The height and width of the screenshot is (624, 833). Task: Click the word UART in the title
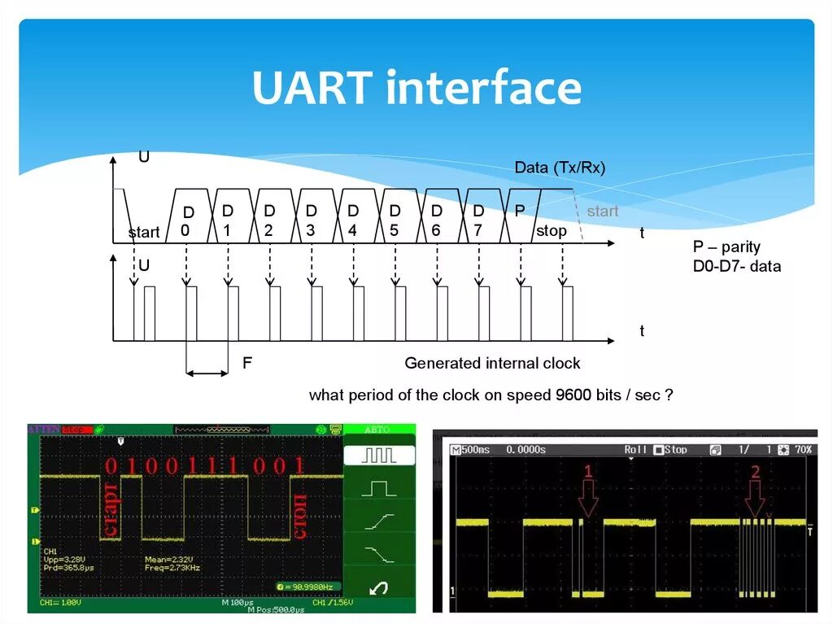[313, 89]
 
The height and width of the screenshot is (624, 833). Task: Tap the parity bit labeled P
[520, 211]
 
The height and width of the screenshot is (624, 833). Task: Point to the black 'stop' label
[551, 231]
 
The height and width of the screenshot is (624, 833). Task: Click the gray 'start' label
[603, 212]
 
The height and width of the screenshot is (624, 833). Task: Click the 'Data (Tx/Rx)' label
[560, 168]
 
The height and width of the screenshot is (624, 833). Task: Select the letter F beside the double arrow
[246, 363]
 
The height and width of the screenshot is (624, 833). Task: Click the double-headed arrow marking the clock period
[207, 373]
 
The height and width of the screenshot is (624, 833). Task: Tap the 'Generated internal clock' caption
[492, 363]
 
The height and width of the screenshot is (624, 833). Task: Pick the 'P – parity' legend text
[726, 247]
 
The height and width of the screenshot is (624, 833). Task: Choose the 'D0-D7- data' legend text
[736, 266]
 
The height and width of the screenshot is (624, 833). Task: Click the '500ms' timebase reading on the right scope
[476, 450]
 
